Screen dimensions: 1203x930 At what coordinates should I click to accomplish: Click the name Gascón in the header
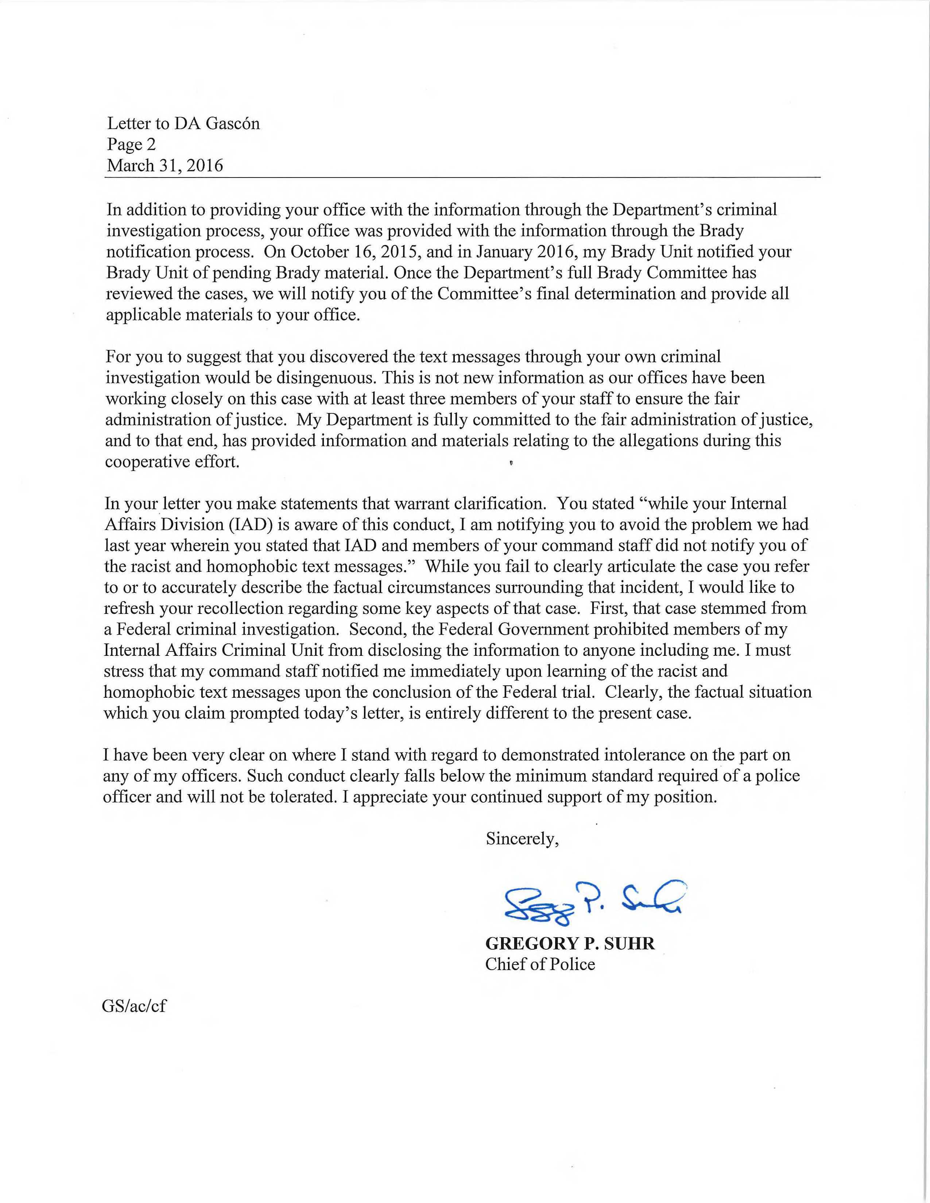click(233, 123)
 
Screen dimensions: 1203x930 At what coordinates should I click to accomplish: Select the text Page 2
click(131, 144)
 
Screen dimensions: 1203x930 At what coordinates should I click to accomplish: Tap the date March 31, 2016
click(165, 165)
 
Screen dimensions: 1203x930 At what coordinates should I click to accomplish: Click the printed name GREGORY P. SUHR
click(570, 943)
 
